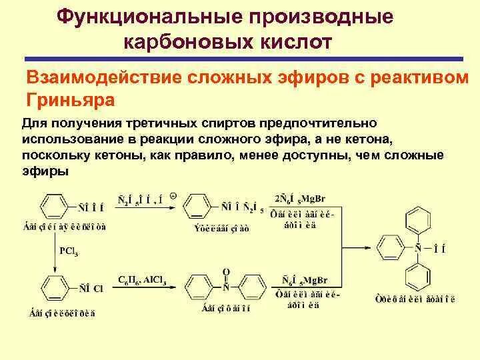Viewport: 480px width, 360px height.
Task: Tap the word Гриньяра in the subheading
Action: [x=71, y=100]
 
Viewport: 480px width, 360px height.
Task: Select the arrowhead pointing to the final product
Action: [x=373, y=247]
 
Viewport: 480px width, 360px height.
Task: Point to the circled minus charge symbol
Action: [x=172, y=196]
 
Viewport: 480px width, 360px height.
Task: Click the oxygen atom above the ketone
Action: [x=226, y=273]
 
